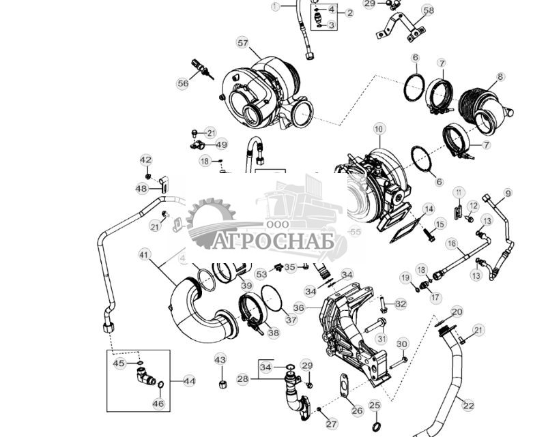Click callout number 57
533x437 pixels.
pyautogui.click(x=243, y=42)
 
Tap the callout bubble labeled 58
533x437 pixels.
pyautogui.click(x=428, y=10)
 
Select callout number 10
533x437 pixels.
pyautogui.click(x=379, y=128)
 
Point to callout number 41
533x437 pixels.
pyautogui.click(x=143, y=254)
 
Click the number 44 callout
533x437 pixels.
pyautogui.click(x=189, y=381)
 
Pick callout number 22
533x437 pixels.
pyautogui.click(x=467, y=406)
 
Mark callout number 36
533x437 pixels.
pyautogui.click(x=298, y=307)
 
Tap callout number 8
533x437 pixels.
pyautogui.click(x=500, y=77)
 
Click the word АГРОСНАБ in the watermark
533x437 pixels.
pyautogui.click(x=273, y=241)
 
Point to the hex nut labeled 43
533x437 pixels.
pyautogui.click(x=222, y=384)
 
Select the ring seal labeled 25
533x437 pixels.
pyautogui.click(x=375, y=427)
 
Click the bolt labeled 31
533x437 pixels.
pyautogui.click(x=372, y=327)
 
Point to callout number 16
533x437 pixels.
pyautogui.click(x=451, y=243)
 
